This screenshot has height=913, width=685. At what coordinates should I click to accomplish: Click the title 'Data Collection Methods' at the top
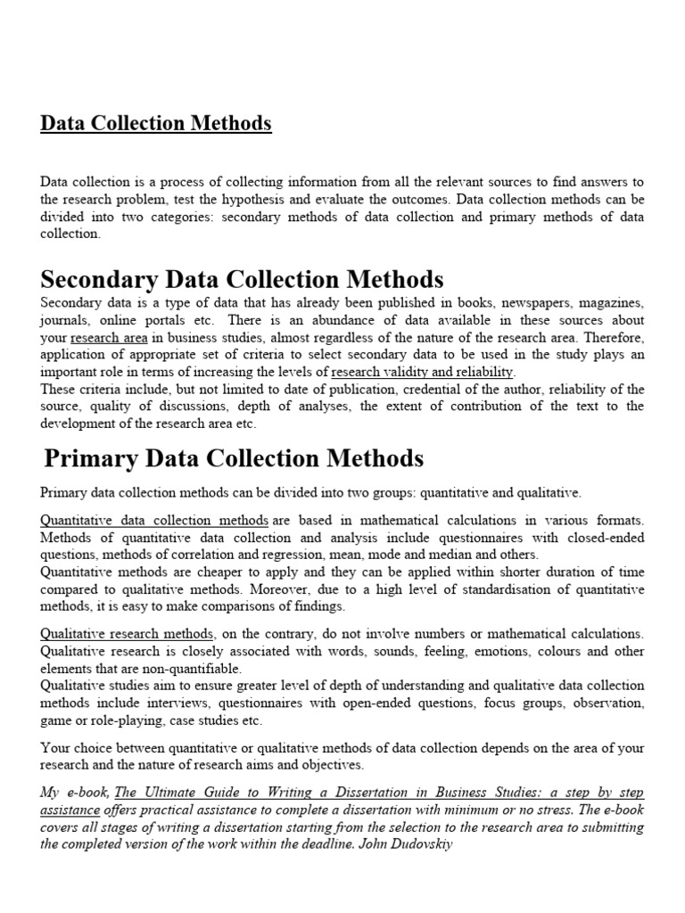[x=156, y=123]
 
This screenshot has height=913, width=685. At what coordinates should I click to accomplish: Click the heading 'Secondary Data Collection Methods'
[x=242, y=280]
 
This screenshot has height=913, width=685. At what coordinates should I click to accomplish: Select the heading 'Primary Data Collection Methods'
[x=234, y=458]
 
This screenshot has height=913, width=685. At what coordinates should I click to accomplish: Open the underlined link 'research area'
[x=110, y=338]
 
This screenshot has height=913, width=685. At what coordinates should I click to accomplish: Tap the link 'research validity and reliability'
[x=422, y=372]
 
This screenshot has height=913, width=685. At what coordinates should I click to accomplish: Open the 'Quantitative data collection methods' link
[x=154, y=520]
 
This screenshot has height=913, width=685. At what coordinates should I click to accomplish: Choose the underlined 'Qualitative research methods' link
[x=127, y=634]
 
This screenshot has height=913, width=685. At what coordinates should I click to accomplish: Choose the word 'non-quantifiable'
[x=194, y=668]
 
